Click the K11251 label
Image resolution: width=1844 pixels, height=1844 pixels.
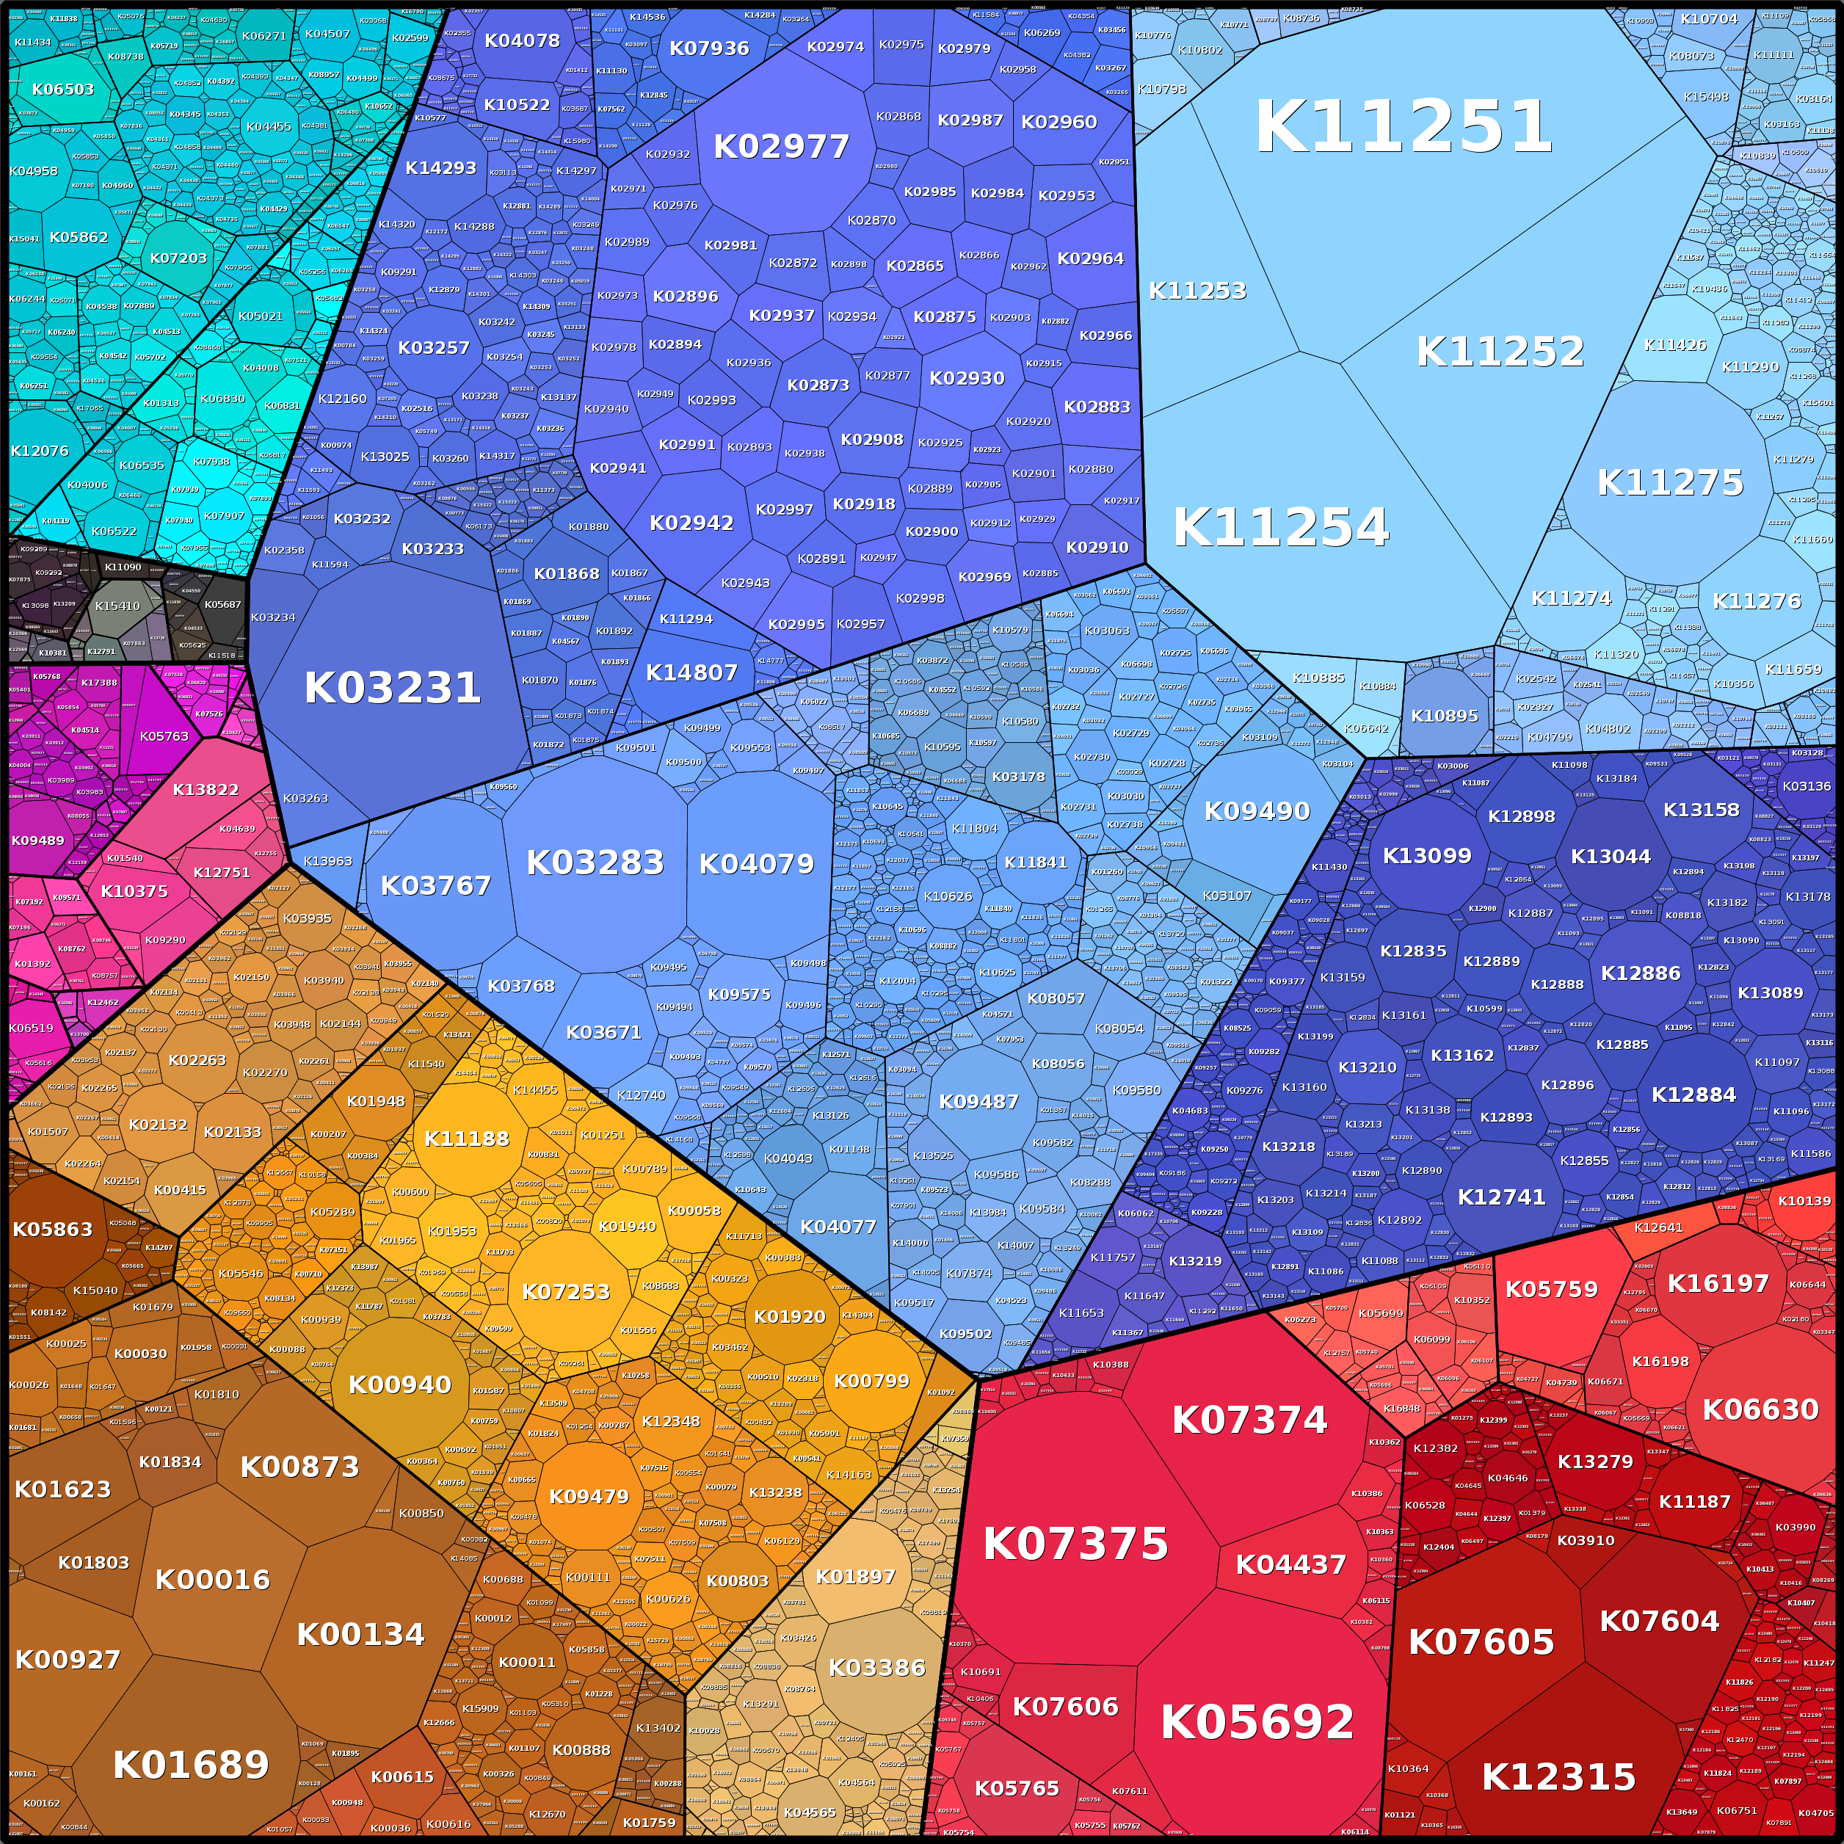pyautogui.click(x=1403, y=126)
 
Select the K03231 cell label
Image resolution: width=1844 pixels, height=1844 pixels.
pyautogui.click(x=391, y=688)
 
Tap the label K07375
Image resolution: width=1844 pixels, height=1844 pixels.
pyautogui.click(x=1075, y=1543)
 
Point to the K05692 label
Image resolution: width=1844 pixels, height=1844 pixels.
pyautogui.click(x=1257, y=1722)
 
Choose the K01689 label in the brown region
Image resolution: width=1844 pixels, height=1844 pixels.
pyautogui.click(x=191, y=1765)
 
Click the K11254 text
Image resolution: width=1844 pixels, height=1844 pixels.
pyautogui.click(x=1280, y=527)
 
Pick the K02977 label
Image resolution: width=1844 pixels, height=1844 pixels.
pyautogui.click(x=781, y=147)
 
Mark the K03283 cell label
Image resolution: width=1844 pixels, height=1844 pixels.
pyautogui.click(x=595, y=863)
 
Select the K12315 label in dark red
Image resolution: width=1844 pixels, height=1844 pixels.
pyautogui.click(x=1558, y=1777)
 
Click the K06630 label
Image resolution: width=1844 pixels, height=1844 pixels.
pyautogui.click(x=1760, y=1409)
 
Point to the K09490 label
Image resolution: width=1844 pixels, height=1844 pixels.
pyautogui.click(x=1256, y=811)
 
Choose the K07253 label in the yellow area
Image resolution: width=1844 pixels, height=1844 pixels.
pyautogui.click(x=565, y=1292)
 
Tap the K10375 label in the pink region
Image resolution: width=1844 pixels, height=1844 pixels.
pyautogui.click(x=134, y=891)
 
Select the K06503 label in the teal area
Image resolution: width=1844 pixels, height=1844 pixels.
pyautogui.click(x=63, y=90)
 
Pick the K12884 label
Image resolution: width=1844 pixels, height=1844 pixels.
pyautogui.click(x=1694, y=1095)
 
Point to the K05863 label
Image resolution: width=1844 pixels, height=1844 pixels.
pyautogui.click(x=53, y=1230)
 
